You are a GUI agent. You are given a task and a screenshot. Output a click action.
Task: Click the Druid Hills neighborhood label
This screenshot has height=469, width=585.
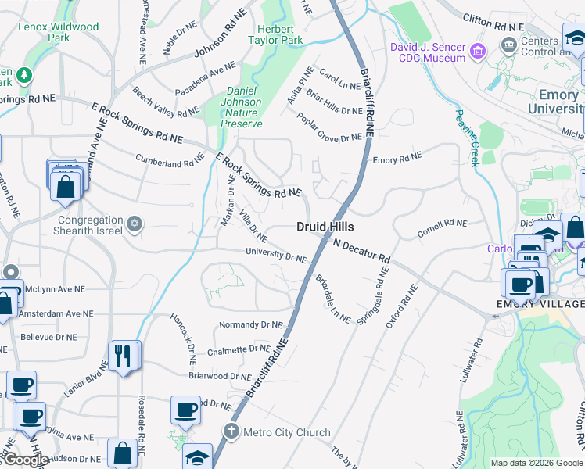tap(325, 227)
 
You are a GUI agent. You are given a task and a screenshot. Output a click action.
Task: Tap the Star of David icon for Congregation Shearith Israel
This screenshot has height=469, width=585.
tap(135, 225)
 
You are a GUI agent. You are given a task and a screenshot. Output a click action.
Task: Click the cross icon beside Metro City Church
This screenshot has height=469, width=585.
tap(231, 431)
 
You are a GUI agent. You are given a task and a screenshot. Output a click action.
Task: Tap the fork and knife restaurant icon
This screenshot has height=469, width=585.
tap(123, 356)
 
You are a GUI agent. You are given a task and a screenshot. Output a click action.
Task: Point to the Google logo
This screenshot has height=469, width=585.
tap(26, 460)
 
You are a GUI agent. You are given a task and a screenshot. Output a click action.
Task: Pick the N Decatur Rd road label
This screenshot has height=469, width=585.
tap(361, 251)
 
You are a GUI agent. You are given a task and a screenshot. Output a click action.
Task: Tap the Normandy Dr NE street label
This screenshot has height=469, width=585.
tap(250, 324)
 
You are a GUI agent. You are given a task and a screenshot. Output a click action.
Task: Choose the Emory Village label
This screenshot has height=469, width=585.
tap(540, 303)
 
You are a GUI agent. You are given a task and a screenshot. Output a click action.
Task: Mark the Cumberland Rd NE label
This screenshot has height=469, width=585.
tap(170, 160)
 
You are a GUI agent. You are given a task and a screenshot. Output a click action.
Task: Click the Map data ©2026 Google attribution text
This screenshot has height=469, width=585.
tap(536, 463)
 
